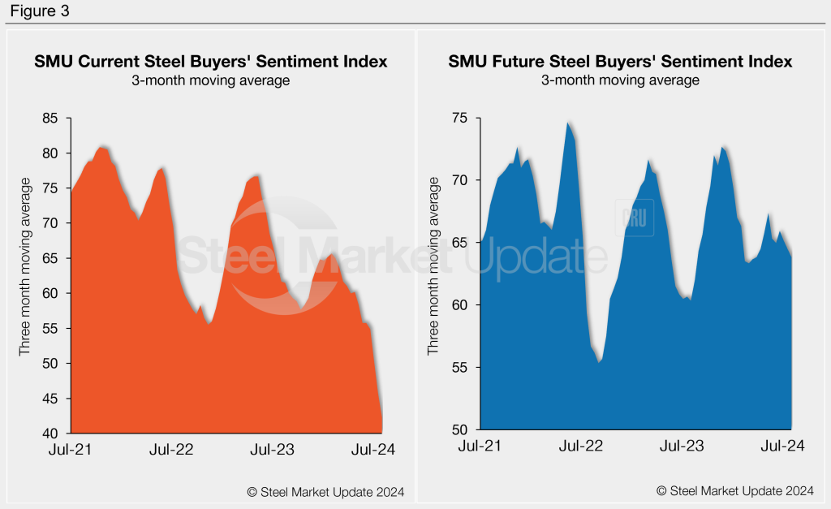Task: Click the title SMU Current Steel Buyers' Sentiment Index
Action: point(210,62)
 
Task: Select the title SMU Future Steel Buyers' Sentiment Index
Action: point(620,62)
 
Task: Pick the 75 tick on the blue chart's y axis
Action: point(461,119)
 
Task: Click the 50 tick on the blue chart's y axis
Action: point(461,429)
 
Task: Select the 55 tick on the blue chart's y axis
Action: point(461,368)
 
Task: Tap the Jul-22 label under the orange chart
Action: point(171,450)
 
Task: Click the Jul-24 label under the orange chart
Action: point(373,450)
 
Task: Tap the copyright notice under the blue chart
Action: point(734,491)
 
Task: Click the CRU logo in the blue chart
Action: point(637,220)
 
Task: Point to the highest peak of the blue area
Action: point(568,123)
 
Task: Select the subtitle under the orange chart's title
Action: point(210,80)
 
